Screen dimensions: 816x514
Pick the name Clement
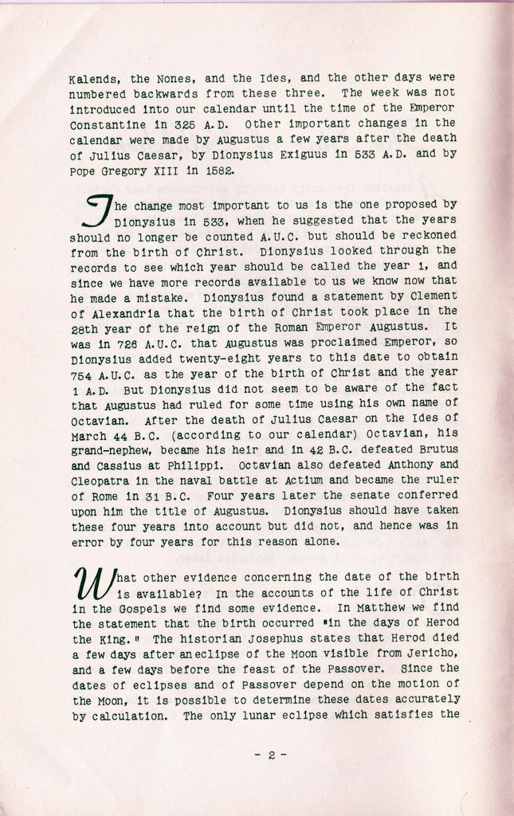(x=436, y=296)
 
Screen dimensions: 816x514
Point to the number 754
(x=83, y=372)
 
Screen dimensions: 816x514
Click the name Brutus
(x=437, y=449)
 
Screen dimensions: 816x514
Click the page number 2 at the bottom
(x=271, y=755)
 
